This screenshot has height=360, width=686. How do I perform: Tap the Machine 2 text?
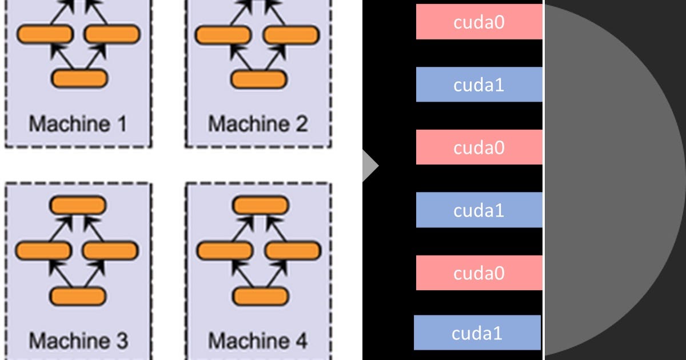coord(257,123)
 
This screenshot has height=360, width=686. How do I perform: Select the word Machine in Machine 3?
coord(63,341)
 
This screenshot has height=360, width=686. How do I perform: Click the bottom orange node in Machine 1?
coord(79,78)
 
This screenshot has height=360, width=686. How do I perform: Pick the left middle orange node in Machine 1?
coord(45,35)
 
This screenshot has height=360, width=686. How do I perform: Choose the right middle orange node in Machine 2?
coord(292,35)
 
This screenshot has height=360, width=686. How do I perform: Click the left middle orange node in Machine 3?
coord(43,250)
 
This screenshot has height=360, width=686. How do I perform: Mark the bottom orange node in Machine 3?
coord(78,296)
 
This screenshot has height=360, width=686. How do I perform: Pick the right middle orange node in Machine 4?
coord(293,250)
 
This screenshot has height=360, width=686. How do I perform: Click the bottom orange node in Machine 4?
coord(260,296)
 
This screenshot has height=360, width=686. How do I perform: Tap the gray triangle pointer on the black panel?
coord(369,166)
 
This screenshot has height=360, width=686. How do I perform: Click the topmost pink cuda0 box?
coord(478,22)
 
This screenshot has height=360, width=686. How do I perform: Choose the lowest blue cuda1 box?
coord(477,333)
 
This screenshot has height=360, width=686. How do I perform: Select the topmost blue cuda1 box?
coord(478,85)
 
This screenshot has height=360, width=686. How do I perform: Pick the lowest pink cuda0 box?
coord(478,273)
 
